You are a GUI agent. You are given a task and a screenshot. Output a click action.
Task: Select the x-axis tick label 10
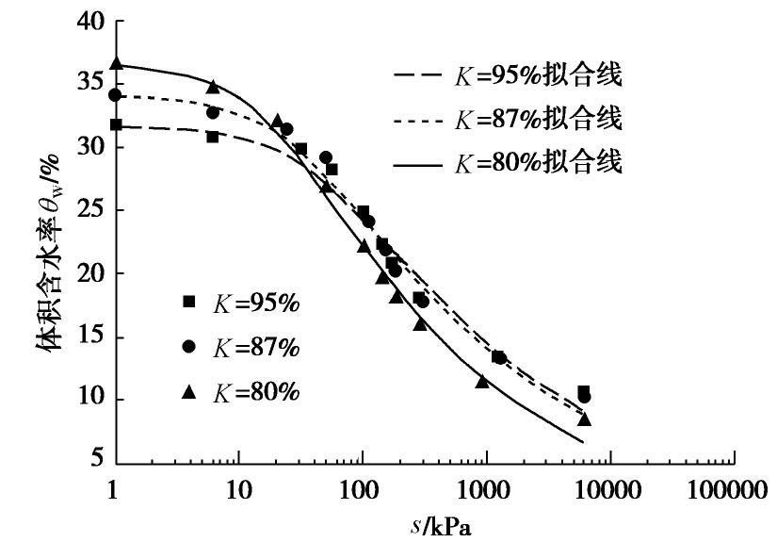(x=238, y=491)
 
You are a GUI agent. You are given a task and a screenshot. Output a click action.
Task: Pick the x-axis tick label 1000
(x=486, y=491)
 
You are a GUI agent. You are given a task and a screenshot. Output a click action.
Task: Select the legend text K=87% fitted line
(x=537, y=120)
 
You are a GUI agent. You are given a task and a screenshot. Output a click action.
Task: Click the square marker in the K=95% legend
(x=189, y=302)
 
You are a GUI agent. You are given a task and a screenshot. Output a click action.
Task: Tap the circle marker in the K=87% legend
(x=189, y=347)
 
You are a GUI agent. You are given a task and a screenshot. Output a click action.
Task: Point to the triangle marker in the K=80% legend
(x=189, y=391)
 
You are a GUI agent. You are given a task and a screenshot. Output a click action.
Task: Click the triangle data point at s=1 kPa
(x=116, y=63)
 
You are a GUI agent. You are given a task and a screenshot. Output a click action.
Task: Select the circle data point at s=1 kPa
(x=115, y=95)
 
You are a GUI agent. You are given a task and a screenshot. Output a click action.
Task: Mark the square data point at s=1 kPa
(x=116, y=124)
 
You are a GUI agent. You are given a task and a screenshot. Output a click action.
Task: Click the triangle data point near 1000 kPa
(x=482, y=381)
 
